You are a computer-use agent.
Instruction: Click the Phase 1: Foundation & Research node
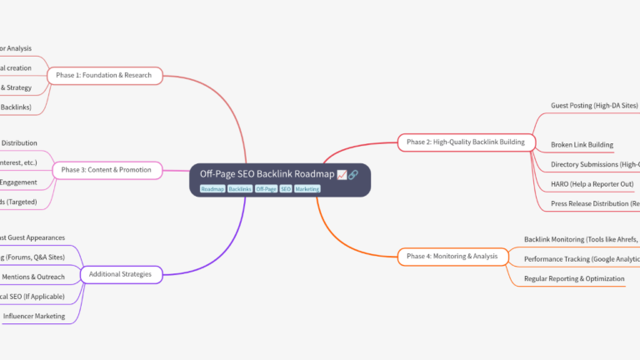(x=103, y=76)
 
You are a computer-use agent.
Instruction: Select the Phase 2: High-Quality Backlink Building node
(x=465, y=142)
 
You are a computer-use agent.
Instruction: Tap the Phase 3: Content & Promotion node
(x=107, y=170)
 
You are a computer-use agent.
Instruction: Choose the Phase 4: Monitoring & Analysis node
(x=452, y=256)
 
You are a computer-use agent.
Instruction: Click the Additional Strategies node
(x=121, y=273)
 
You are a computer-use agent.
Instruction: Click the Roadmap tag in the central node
(x=212, y=189)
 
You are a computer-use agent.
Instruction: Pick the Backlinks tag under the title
(x=240, y=189)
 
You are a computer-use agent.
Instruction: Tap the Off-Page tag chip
(x=266, y=189)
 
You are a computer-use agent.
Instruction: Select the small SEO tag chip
(x=286, y=189)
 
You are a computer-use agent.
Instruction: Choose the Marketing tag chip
(x=307, y=189)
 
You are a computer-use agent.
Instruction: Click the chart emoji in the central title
(x=342, y=174)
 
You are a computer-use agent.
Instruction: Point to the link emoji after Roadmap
(x=353, y=174)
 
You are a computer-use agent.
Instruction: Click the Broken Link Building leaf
(x=582, y=145)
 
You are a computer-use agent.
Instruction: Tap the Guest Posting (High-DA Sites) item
(x=594, y=106)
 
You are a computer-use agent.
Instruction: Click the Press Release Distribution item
(x=594, y=203)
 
